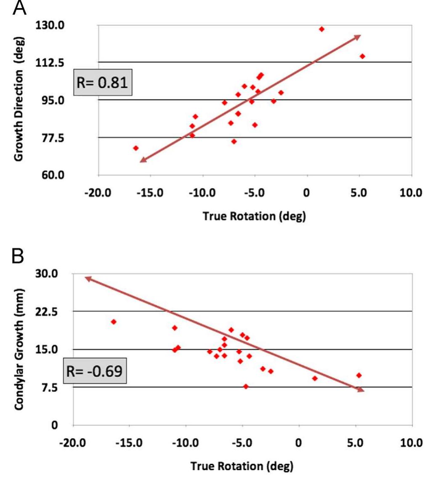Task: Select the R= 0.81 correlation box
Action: click(102, 82)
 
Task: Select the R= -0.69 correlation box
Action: click(95, 371)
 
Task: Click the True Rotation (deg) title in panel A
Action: click(254, 216)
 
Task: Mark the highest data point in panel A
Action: click(321, 29)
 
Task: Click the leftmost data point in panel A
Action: click(135, 148)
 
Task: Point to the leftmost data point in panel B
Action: click(113, 322)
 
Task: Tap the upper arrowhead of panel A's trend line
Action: click(358, 37)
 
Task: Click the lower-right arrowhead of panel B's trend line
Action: click(361, 390)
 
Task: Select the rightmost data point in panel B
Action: click(358, 375)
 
